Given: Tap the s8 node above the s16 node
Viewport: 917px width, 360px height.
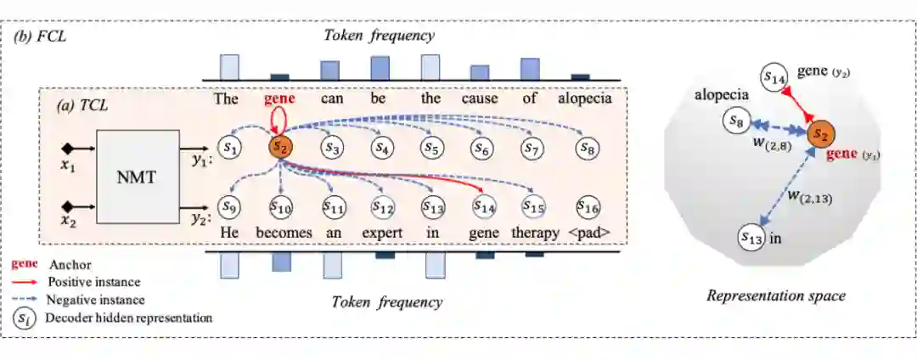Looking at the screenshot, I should click(x=585, y=147).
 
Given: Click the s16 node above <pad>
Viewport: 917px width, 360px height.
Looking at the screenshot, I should click(x=585, y=205).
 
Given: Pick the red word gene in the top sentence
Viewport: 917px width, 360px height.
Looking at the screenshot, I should click(x=279, y=98).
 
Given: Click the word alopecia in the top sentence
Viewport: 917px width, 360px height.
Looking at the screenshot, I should click(x=585, y=98).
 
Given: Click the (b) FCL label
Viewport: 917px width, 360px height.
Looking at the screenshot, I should click(x=41, y=37).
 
